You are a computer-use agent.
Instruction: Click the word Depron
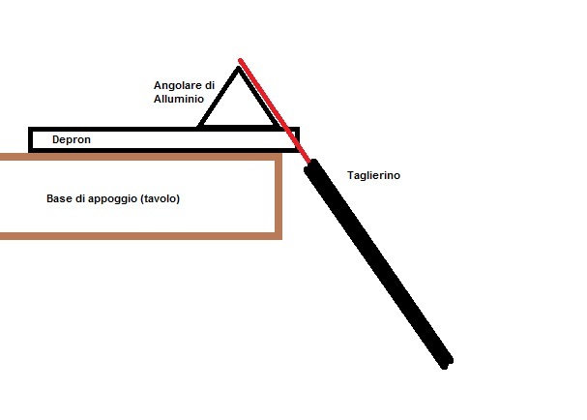coord(72,139)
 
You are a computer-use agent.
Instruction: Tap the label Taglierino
coord(373,175)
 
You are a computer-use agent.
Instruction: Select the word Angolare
coord(178,86)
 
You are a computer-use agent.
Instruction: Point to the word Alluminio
coord(179,99)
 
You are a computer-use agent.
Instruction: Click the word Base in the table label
coord(59,198)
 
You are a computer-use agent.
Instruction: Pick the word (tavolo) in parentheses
coord(161,198)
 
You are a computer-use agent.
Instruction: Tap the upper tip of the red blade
coord(240,60)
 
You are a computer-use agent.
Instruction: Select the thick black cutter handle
coord(378,264)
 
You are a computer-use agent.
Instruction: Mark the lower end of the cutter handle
coord(447,364)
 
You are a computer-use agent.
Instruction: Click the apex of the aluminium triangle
coord(238,68)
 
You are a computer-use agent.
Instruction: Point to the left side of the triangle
coord(219,98)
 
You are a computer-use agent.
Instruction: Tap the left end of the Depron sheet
coord(30,139)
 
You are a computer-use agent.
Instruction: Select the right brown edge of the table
coord(279,196)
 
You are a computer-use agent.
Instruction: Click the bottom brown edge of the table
coord(141,236)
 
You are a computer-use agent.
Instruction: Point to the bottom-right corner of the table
coord(279,237)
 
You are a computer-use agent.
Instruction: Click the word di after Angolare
coord(210,86)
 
